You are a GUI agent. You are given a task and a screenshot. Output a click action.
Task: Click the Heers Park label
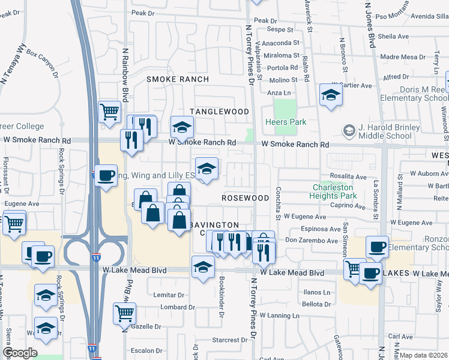[286, 122]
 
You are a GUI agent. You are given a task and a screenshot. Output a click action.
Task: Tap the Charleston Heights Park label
[334, 191]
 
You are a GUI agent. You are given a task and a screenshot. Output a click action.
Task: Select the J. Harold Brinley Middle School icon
[349, 130]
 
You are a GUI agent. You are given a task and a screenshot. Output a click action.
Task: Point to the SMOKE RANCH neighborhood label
[178, 79]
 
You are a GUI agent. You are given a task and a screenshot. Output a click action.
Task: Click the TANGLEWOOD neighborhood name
[219, 112]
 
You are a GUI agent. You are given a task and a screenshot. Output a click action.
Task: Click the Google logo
[20, 353]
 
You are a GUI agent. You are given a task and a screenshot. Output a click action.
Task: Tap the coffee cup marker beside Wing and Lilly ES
[106, 176]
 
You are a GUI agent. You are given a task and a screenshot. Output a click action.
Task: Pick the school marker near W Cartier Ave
[330, 95]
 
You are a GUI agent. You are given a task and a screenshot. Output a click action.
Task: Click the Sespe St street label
[280, 29]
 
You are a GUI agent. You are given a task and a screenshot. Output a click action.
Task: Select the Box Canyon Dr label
[43, 64]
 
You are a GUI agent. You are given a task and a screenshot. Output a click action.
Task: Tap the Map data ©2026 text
[424, 355]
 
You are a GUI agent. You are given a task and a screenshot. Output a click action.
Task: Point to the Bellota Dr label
[317, 304]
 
